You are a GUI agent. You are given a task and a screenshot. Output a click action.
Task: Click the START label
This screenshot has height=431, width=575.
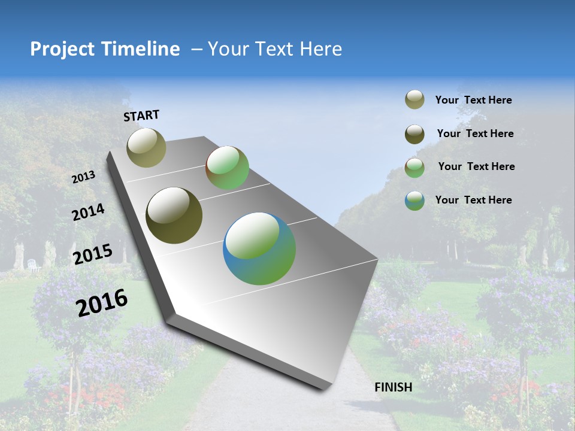(x=141, y=116)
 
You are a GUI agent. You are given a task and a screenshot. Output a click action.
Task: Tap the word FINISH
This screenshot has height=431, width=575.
(x=393, y=387)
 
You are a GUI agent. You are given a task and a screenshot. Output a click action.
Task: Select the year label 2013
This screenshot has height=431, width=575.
(x=84, y=177)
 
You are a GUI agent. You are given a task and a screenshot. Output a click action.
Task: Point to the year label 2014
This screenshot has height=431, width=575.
(x=88, y=213)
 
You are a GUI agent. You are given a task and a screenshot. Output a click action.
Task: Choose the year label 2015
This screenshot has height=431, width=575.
(x=92, y=254)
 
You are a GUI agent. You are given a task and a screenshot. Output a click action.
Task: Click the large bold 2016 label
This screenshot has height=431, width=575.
(x=102, y=302)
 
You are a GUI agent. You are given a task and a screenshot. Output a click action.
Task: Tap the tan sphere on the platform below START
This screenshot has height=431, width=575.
(x=146, y=147)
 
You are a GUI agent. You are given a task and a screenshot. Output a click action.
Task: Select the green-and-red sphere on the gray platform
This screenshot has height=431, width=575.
(x=227, y=168)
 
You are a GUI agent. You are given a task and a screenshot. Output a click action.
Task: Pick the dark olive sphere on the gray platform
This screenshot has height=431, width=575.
(x=174, y=215)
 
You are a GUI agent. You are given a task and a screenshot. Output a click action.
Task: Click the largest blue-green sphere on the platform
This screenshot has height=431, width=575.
(x=259, y=248)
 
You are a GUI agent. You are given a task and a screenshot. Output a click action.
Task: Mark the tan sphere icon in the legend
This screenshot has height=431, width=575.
(x=414, y=100)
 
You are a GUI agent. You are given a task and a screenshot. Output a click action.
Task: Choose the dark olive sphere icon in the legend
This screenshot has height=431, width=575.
(x=414, y=134)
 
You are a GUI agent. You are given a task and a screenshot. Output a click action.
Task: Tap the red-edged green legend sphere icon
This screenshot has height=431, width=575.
(x=414, y=168)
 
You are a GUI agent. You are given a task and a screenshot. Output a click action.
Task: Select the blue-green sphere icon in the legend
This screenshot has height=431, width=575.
(x=414, y=201)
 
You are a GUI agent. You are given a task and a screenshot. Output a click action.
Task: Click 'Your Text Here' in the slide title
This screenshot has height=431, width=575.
(x=275, y=49)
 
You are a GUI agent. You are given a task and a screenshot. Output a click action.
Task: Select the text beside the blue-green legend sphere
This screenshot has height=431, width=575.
(x=473, y=200)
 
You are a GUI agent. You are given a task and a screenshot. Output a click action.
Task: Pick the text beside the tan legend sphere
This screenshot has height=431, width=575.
(x=473, y=100)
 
